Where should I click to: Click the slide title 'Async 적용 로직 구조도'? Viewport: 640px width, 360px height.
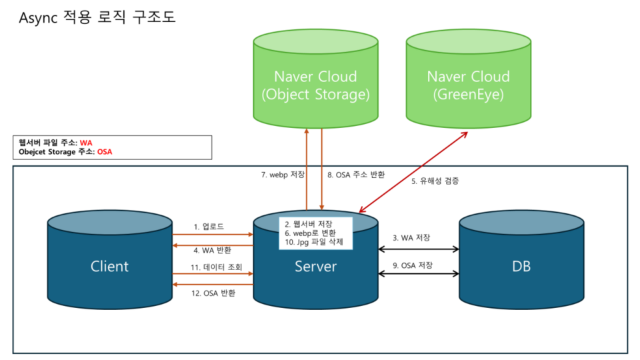pos(97,17)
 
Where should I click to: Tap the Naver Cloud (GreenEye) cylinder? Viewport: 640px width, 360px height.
pos(468,85)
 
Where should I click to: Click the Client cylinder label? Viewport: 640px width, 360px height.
pos(109,267)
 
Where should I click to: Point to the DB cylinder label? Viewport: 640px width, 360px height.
pos(521,267)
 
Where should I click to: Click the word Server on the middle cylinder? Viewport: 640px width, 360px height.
pos(315,267)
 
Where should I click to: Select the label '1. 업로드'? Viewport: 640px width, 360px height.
pos(209,227)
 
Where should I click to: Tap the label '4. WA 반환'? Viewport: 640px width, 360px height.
pos(213,250)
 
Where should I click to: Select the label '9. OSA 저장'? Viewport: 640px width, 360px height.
pos(413,265)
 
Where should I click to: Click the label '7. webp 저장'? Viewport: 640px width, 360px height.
pos(282,175)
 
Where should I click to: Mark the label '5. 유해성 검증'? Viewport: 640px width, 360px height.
pos(435,181)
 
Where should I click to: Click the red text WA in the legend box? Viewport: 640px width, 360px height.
pos(85,143)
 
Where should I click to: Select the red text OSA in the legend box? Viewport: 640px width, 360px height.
pos(105,151)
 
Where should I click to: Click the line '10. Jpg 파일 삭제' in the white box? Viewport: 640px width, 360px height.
pos(313,243)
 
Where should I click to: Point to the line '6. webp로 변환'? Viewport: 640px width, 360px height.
pos(309,233)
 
